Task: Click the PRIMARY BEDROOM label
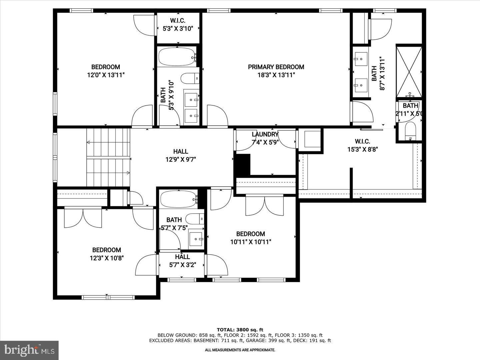tap(276, 67)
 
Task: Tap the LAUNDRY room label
tap(265, 134)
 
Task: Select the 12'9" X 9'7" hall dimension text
tap(180, 159)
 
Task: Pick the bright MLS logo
tap(29, 350)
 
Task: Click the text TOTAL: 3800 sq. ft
tap(240, 330)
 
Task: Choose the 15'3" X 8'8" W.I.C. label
tap(362, 145)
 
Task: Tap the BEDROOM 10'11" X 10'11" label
tap(251, 238)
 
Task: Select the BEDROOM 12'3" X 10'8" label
tap(107, 254)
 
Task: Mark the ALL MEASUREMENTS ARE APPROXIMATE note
tap(240, 350)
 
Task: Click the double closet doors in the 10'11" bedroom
tap(265, 206)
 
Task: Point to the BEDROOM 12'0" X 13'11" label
tap(106, 71)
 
